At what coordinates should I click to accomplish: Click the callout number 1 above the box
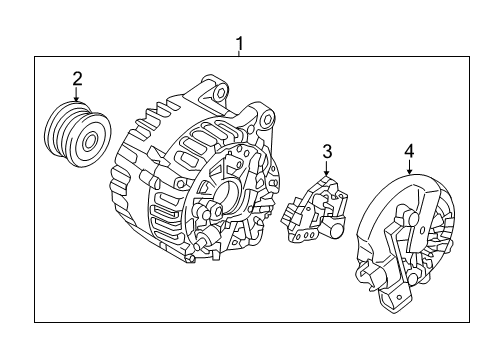point(238,43)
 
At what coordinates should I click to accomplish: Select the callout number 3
point(326,151)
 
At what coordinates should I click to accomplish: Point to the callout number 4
point(408,152)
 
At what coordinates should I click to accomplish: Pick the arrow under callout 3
point(326,170)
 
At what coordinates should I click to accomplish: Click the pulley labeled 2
point(78,135)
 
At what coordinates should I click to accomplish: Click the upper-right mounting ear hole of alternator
point(265,120)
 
